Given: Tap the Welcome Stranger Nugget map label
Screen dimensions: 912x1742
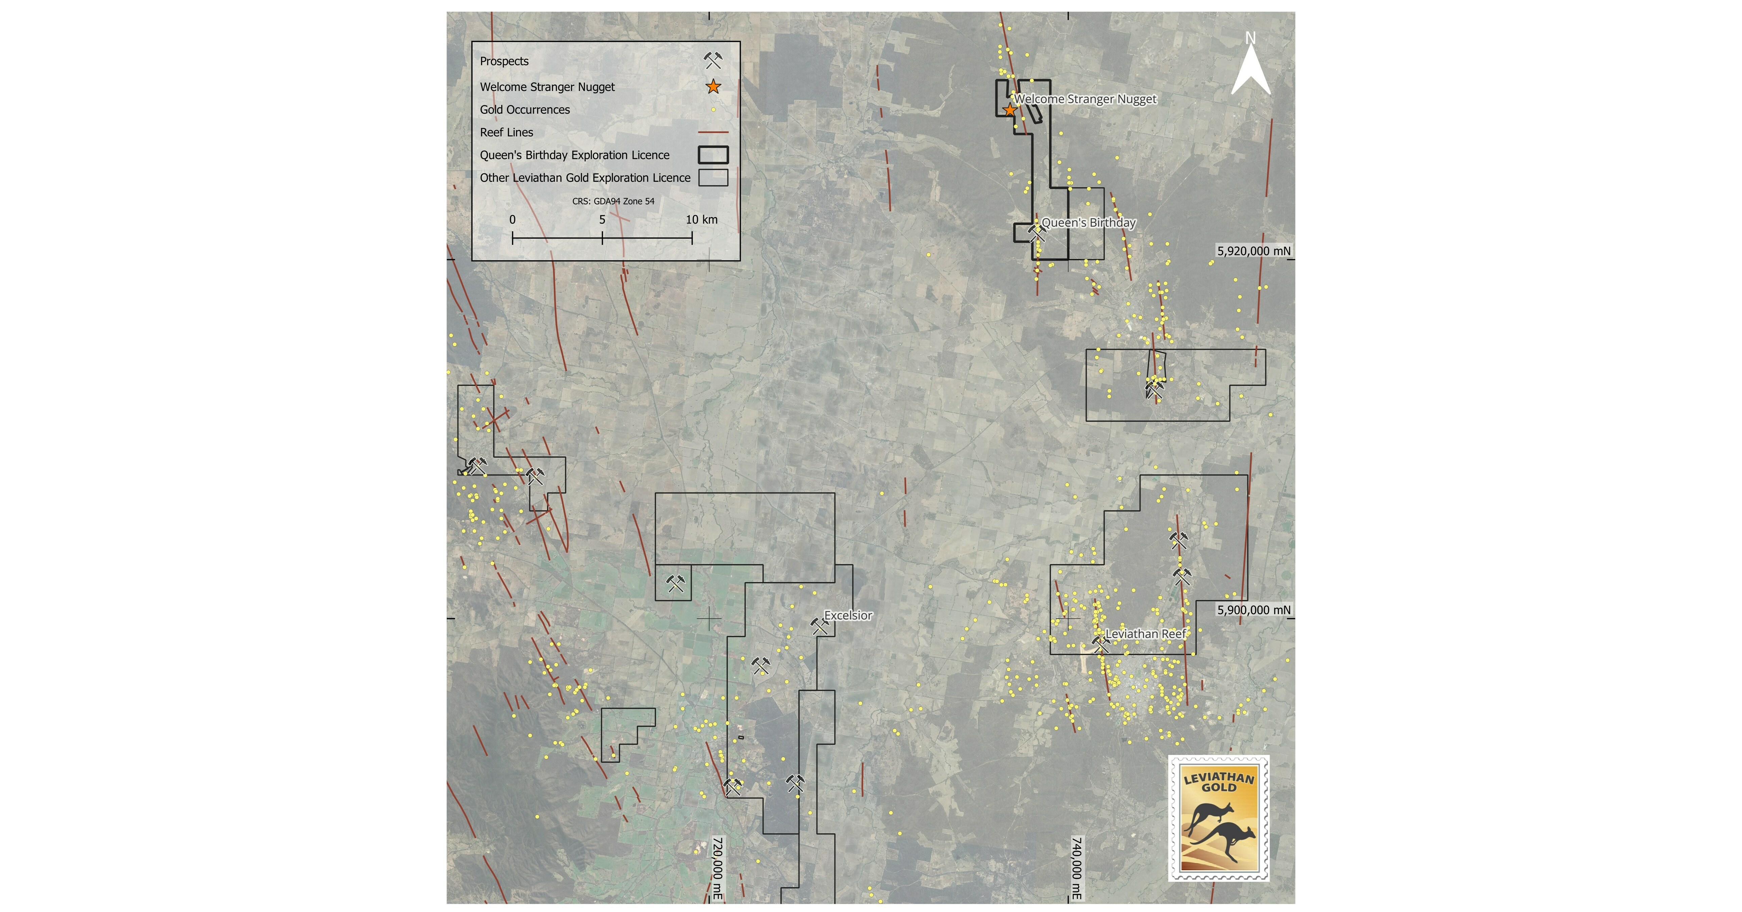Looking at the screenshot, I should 1085,99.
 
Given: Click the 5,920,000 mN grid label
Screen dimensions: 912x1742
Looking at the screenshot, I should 1253,251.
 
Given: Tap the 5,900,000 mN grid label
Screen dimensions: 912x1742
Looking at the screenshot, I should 1253,610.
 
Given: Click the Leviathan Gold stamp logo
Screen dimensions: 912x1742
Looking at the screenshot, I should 1218,818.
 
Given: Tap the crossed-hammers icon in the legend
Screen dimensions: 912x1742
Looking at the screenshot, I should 713,61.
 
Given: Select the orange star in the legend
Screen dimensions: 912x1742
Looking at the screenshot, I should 713,86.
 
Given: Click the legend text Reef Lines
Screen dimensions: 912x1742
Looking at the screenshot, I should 506,132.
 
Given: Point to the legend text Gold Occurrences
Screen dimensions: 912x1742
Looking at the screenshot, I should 525,109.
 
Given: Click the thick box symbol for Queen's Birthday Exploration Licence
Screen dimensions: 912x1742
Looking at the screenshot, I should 713,155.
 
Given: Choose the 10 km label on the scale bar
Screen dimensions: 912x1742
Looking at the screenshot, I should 701,220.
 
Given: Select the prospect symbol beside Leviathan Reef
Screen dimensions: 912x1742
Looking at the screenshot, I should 1100,644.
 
